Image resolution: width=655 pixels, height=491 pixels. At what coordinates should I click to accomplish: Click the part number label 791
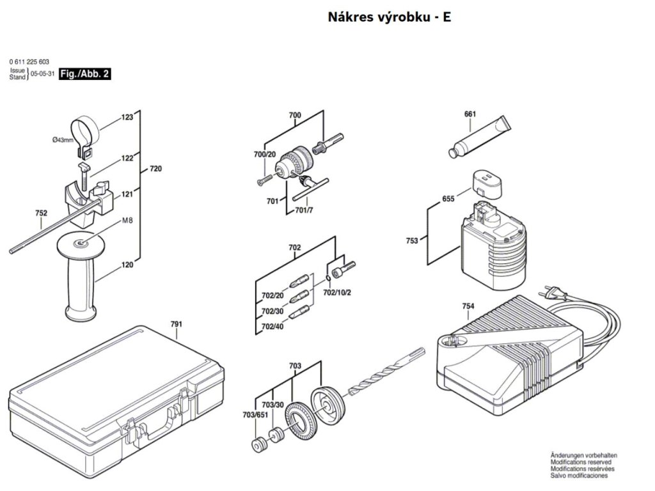coord(177,324)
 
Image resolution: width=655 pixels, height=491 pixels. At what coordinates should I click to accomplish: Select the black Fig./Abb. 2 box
coord(84,74)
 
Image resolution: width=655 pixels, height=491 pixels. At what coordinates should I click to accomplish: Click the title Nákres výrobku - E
coord(389,17)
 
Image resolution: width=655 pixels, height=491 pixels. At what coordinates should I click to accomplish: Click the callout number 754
coord(468,307)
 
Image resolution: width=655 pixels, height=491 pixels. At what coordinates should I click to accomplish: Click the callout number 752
coord(42,214)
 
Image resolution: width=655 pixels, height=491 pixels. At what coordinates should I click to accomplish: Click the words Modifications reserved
coord(580,462)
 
